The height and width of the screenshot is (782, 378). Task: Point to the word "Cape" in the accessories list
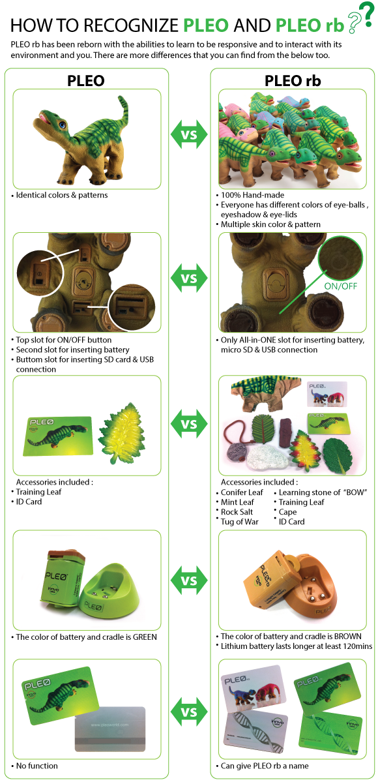(288, 512)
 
